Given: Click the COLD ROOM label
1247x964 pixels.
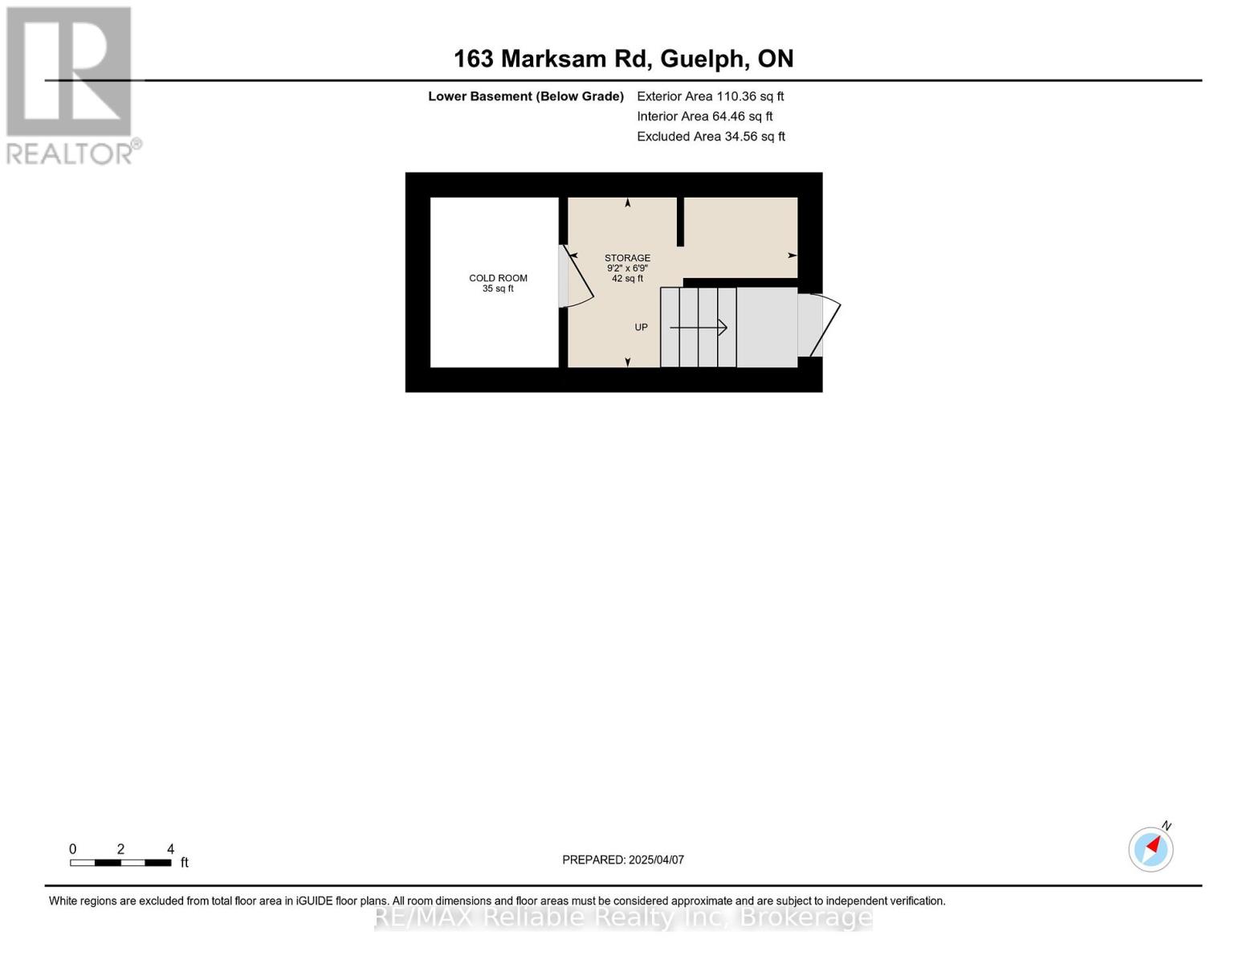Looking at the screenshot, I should (x=498, y=278).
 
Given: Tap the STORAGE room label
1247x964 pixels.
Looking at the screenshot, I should (x=627, y=258).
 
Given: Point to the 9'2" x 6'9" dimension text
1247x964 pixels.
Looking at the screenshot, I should (x=627, y=268).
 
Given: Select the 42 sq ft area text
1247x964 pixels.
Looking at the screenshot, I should (x=627, y=279).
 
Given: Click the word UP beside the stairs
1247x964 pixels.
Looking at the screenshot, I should (x=641, y=327).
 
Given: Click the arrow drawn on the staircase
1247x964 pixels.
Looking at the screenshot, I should (x=699, y=328).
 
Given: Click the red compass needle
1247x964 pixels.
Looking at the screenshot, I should (x=1155, y=845).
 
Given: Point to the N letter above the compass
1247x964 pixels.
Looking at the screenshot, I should (x=1167, y=826).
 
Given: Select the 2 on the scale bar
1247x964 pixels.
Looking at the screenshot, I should (x=120, y=849).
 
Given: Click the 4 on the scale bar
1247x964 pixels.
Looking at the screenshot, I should (x=170, y=849).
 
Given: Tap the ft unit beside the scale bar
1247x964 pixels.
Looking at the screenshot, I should (x=185, y=863).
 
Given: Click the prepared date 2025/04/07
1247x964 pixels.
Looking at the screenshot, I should (x=656, y=860).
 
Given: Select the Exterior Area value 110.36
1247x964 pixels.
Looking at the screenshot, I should (x=736, y=96).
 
